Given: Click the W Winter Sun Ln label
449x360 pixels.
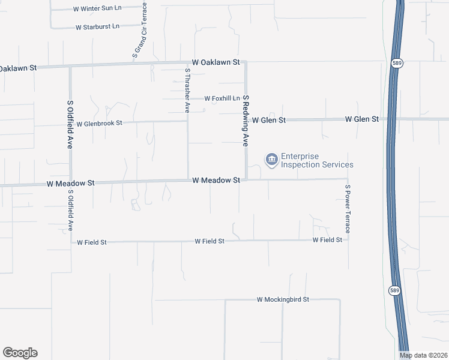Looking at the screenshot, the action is pos(97,9).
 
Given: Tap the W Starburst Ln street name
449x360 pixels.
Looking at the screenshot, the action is pos(97,27).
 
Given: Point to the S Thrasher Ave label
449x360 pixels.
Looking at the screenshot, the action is pos(187,91).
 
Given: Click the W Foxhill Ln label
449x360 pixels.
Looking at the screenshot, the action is pos(222,98).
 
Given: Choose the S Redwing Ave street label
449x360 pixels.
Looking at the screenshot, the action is pos(246,121).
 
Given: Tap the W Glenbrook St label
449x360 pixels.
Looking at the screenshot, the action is pos(99,123).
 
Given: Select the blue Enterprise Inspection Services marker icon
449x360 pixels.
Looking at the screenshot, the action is pos(271,159).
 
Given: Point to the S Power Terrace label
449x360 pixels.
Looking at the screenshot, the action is pos(347,209).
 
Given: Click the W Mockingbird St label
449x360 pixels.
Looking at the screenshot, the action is pos(283,299).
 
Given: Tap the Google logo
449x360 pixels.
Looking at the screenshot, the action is pos(20,353).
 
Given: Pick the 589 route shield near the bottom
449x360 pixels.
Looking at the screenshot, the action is pos(393,290).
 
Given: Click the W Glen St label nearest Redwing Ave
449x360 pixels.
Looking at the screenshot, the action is pos(268,120).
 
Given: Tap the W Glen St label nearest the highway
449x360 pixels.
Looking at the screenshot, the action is pos(362,119).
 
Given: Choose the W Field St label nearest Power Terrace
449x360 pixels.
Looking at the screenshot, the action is pos(327,240).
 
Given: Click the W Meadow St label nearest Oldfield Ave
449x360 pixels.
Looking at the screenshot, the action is pos(71,182).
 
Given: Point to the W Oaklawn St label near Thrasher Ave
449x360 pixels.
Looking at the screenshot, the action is pos(216,62).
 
